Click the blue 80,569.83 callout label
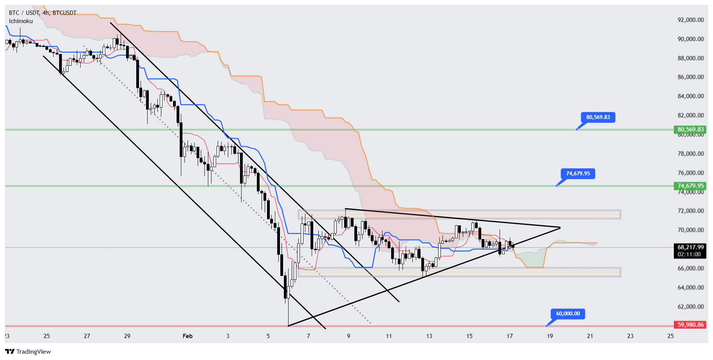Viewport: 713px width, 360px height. (x=598, y=117)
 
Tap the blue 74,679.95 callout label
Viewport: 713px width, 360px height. (x=578, y=173)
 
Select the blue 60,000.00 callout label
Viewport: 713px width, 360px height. (x=568, y=313)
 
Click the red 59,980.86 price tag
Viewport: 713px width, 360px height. (x=690, y=325)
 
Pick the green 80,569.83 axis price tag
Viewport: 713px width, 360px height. (x=690, y=130)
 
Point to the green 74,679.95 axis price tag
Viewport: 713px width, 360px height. (x=690, y=186)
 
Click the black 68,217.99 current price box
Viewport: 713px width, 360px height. (x=690, y=247)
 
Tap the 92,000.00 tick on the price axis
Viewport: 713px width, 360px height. (x=690, y=20)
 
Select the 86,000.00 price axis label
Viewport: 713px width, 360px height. (x=690, y=77)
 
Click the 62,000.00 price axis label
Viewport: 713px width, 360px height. (x=690, y=307)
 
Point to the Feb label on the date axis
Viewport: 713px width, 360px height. (x=188, y=336)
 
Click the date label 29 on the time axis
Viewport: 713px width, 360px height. (x=127, y=336)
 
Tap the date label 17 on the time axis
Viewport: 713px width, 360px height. (x=510, y=336)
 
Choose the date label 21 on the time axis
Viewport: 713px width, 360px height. (x=590, y=336)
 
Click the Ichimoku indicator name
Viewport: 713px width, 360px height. (x=21, y=21)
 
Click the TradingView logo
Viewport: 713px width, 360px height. (x=28, y=351)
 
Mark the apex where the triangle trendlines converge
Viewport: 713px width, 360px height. (x=560, y=227)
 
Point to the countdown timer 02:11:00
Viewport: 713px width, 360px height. (x=690, y=254)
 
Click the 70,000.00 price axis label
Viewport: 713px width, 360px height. (x=690, y=230)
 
